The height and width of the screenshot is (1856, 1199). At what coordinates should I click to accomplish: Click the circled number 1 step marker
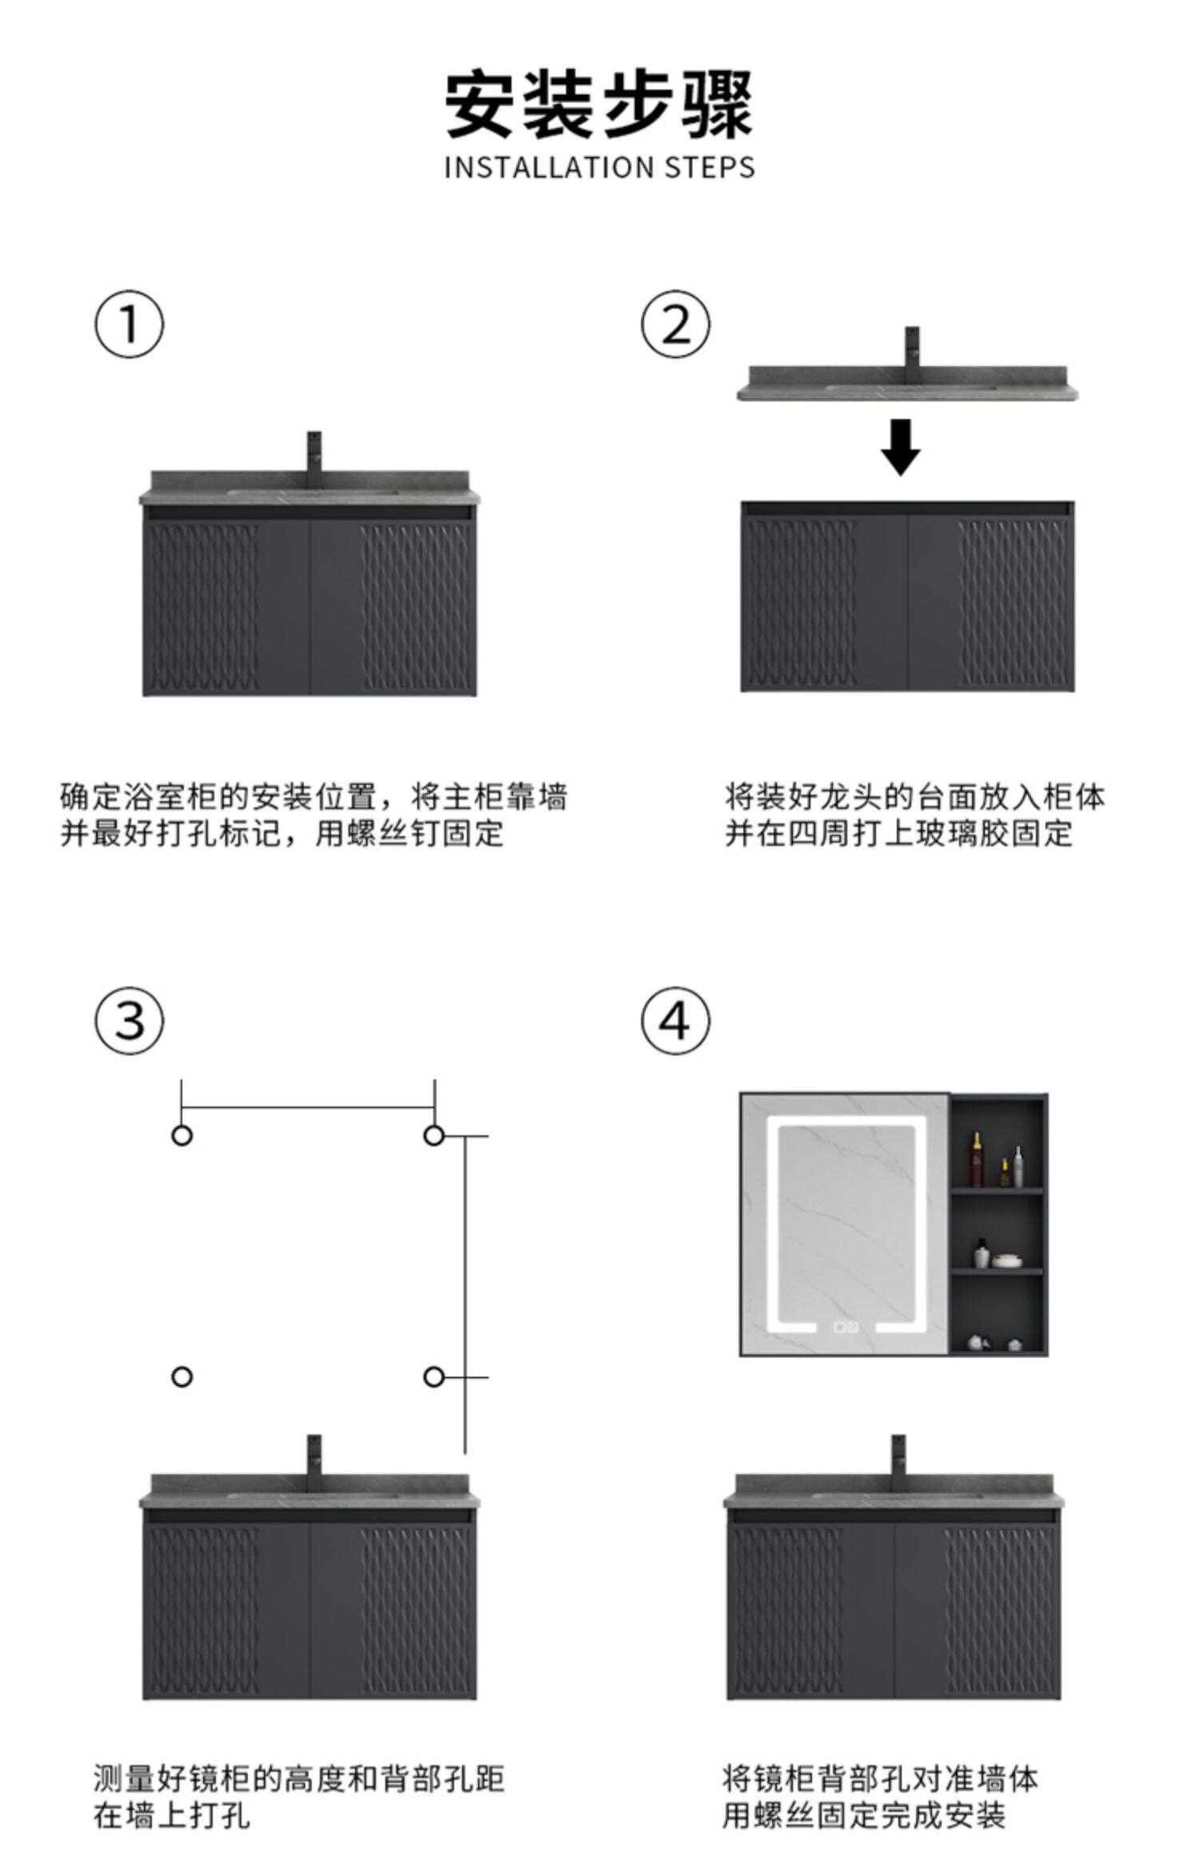(x=129, y=325)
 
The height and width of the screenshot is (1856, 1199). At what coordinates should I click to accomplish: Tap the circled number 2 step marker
(x=675, y=325)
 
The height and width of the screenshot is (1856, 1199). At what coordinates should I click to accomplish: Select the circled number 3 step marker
(x=129, y=1021)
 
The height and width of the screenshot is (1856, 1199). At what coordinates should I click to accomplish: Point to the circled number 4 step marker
(x=675, y=1021)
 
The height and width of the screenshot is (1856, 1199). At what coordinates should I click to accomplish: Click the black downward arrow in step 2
(x=901, y=447)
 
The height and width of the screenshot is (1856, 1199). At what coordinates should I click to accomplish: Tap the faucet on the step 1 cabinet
(x=315, y=456)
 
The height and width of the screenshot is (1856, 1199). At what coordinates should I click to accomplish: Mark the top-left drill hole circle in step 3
(x=182, y=1135)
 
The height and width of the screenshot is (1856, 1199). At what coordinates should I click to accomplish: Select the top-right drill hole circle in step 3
(x=434, y=1135)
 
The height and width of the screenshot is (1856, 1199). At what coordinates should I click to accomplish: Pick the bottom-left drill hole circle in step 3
(x=182, y=1376)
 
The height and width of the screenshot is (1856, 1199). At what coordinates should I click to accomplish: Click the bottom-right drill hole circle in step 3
(x=434, y=1376)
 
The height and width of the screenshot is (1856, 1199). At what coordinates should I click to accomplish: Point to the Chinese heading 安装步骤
(x=599, y=105)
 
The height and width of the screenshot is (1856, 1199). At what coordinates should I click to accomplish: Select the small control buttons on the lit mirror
(x=846, y=1327)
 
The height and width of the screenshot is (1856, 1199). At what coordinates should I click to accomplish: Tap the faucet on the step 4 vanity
(x=898, y=1456)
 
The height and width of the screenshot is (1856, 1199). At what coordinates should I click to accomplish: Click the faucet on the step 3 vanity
(x=315, y=1456)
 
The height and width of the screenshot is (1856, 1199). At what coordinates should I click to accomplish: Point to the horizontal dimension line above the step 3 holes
(x=308, y=1108)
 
